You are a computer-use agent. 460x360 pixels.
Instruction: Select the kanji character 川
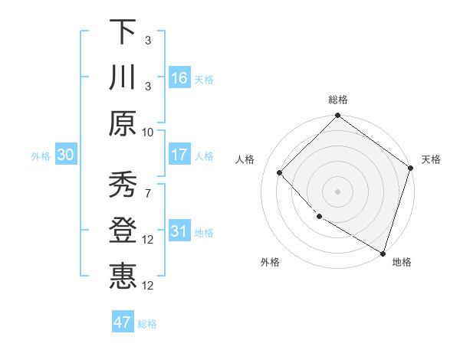coord(123,77)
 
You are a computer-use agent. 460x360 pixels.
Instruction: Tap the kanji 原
coord(123,123)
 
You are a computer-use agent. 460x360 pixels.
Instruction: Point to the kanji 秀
coord(123,184)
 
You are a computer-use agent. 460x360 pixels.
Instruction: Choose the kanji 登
coord(123,229)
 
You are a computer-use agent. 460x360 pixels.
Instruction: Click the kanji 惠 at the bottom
coord(123,274)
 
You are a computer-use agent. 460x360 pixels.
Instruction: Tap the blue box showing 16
coord(179,77)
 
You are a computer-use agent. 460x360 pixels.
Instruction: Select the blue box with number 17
coord(179,155)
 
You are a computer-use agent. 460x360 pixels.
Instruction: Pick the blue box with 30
coord(66,155)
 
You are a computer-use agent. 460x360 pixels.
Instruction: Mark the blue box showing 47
coord(123,322)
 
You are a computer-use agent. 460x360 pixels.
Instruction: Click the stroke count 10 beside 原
coord(148,131)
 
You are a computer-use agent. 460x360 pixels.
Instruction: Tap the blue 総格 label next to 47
coord(147,324)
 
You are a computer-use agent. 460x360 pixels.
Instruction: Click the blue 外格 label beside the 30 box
coord(41,156)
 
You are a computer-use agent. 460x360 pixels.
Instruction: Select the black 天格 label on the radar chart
coord(432,159)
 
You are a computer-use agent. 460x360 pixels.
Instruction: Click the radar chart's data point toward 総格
coord(337,116)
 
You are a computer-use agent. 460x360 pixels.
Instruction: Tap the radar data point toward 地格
coord(382,251)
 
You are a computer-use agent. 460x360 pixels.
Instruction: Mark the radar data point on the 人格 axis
coord(280,172)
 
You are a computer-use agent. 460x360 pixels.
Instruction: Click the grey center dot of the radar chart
coord(337,191)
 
